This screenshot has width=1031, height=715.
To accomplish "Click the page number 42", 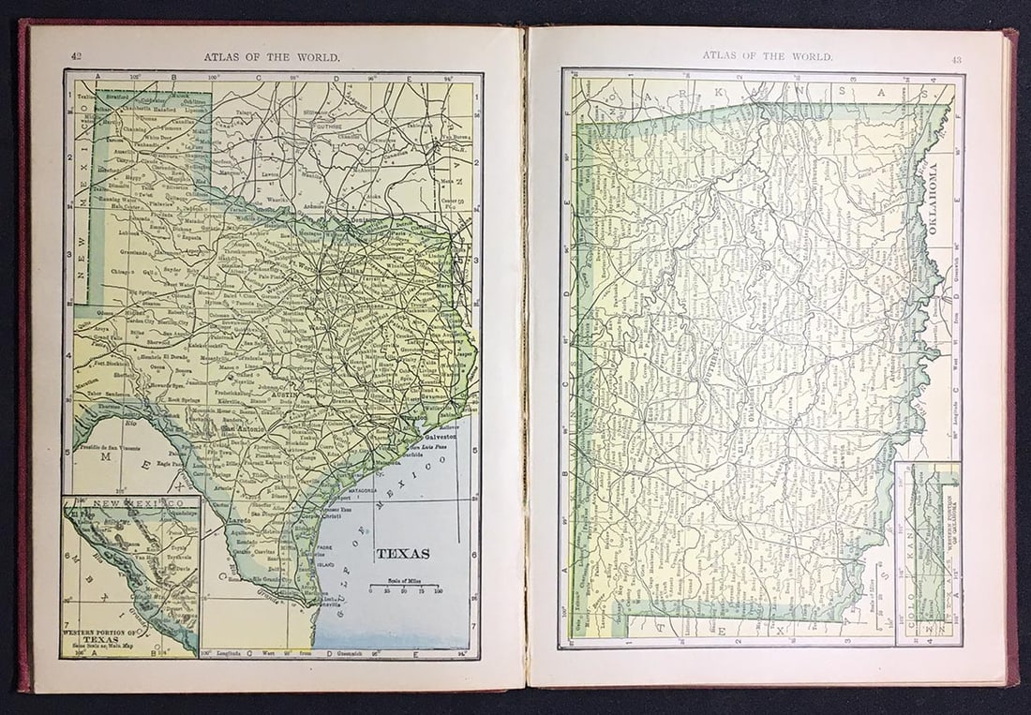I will [76, 56].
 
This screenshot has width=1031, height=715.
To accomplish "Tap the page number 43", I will [956, 60].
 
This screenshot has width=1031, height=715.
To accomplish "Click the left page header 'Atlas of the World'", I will [272, 56].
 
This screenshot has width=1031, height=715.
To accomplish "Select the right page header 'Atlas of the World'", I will [768, 56].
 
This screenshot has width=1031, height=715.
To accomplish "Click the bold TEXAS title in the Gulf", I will [403, 553].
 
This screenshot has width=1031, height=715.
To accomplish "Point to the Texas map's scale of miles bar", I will [405, 588].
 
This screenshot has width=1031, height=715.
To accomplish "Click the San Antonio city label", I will [243, 430].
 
